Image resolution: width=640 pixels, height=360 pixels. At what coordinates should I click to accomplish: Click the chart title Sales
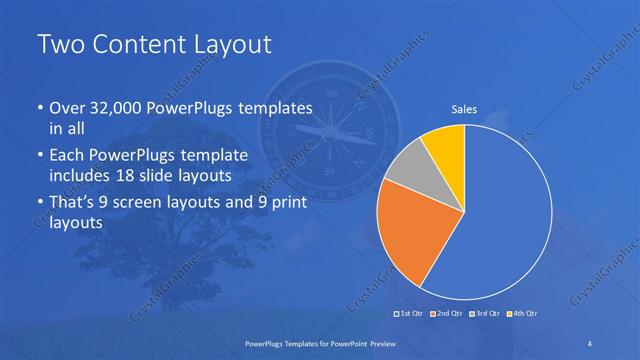coord(464,109)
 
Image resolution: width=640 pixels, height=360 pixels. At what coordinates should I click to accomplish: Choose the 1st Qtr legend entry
coord(411,314)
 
